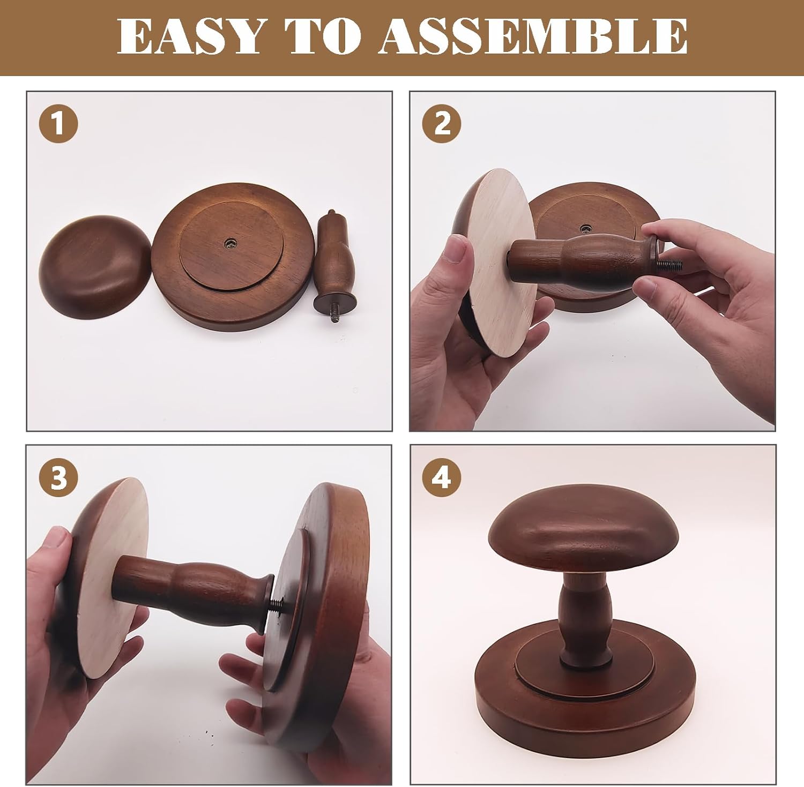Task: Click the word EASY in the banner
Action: [x=190, y=36]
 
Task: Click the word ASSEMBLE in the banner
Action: [x=533, y=36]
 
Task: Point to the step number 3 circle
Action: [x=58, y=477]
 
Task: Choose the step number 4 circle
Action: [x=442, y=477]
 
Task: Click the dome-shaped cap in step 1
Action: [x=95, y=266]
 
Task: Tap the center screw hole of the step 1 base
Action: [x=231, y=243]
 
